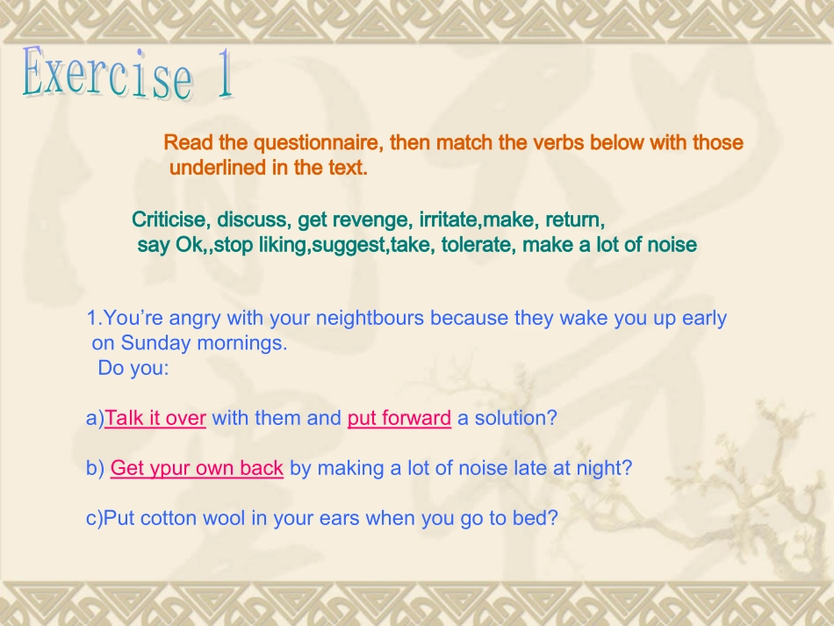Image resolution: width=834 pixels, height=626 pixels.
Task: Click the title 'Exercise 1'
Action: point(128,74)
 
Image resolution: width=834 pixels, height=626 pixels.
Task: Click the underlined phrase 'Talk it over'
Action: point(155,418)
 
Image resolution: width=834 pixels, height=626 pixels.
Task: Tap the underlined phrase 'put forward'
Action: point(399,418)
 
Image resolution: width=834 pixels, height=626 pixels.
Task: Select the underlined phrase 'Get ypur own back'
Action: point(197,468)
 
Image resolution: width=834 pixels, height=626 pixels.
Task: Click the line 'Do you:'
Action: point(133,368)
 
